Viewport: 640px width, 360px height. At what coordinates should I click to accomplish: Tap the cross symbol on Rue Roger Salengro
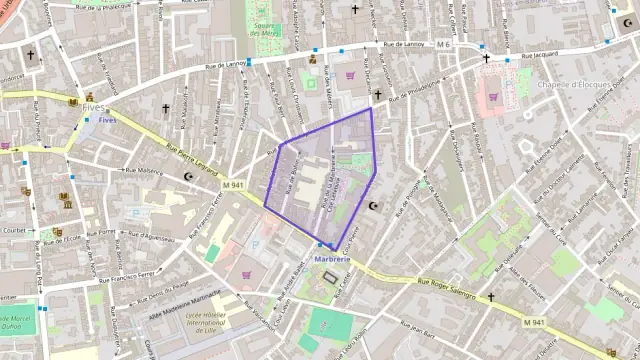tap(490, 297)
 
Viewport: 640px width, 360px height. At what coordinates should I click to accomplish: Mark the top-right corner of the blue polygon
tap(371, 108)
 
